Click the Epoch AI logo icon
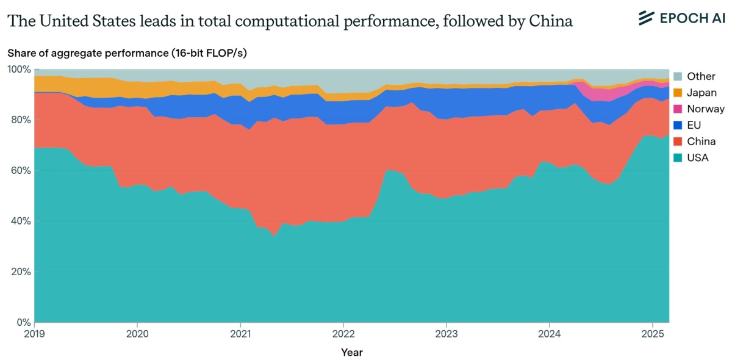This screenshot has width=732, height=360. (x=646, y=18)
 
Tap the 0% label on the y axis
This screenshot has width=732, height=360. (x=23, y=322)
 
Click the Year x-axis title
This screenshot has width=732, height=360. (x=351, y=352)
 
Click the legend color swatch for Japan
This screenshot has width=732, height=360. (x=677, y=93)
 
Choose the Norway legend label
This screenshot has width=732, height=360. (x=705, y=109)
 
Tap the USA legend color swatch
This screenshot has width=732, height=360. (x=677, y=158)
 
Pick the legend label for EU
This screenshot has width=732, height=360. (x=694, y=126)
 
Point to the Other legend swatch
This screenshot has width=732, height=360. (x=677, y=76)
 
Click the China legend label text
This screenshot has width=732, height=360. (x=701, y=142)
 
